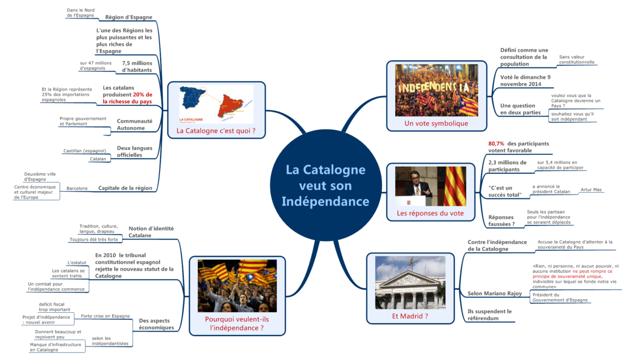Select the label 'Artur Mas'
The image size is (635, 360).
tap(591, 190)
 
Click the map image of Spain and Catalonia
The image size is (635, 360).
tap(216, 104)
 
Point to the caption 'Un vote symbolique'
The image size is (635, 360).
tap(436, 123)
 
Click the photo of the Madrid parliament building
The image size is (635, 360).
tap(410, 282)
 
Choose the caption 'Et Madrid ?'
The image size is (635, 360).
tap(410, 315)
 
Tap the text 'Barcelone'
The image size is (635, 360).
tap(77, 188)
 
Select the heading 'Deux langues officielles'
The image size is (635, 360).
tap(135, 151)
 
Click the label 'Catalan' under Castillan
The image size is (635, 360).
tap(98, 159)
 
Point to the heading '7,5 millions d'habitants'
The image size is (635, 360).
tap(137, 66)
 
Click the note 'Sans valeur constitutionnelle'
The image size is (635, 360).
tap(576, 59)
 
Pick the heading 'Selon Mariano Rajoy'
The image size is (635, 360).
tap(494, 293)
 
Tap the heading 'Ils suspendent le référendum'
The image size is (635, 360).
tap(490, 315)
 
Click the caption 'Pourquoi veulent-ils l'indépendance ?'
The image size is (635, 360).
tap(237, 323)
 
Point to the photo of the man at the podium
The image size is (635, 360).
tap(414, 186)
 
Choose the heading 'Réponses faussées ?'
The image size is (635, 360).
tap(501, 220)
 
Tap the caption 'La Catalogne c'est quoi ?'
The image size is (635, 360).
tap(216, 131)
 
